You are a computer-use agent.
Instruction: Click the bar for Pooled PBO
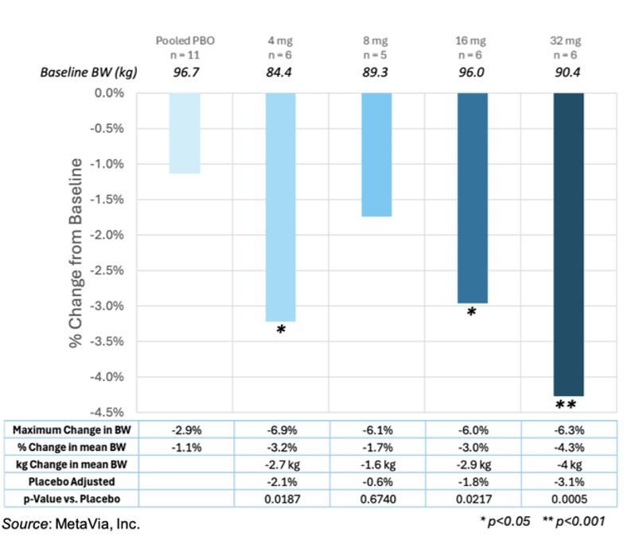coord(185,133)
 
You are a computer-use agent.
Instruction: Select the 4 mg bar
coord(280,207)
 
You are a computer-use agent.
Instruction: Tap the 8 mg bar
coord(376,154)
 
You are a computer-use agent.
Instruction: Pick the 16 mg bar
coord(472,198)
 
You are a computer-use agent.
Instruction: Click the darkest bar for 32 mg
coord(568,244)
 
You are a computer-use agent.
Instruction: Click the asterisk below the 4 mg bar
coord(281,329)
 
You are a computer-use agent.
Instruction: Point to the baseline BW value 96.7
coord(185,73)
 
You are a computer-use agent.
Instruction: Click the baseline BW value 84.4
coord(280,73)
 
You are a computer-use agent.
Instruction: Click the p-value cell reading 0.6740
coord(376,498)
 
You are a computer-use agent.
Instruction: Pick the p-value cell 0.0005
coord(568,498)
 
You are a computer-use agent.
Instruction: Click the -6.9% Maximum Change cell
coord(280,429)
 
